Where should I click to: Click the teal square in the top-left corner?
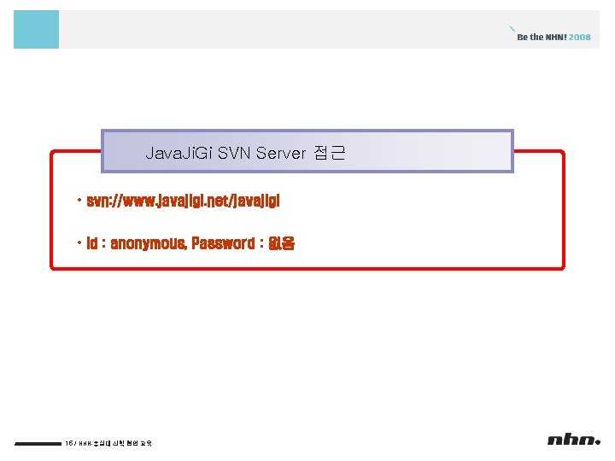tap(36, 29)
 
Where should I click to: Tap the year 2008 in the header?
tap(580, 37)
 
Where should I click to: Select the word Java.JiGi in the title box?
tap(179, 154)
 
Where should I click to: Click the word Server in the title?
tap(279, 154)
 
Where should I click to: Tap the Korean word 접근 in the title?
tap(327, 154)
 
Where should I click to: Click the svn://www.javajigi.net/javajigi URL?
tap(184, 201)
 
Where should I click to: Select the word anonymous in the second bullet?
tap(148, 243)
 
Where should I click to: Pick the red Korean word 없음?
tap(281, 243)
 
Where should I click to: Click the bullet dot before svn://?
tap(78, 201)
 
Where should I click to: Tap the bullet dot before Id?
tap(78, 243)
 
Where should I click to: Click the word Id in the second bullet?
tap(91, 243)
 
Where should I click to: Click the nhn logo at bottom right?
tap(574, 440)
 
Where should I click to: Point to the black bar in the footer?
tap(37, 443)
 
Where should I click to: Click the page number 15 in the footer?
tap(68, 443)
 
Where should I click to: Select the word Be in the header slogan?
tap(523, 37)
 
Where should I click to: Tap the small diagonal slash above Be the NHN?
tap(512, 28)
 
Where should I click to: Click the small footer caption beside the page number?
tap(116, 443)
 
